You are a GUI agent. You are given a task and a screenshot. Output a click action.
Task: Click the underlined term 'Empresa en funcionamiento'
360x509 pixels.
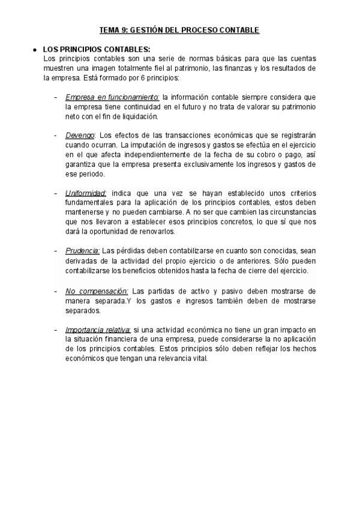(x=112, y=97)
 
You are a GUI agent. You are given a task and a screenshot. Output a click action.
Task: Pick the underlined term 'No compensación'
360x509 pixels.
(x=97, y=291)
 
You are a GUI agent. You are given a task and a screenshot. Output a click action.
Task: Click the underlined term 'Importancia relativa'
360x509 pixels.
(x=98, y=330)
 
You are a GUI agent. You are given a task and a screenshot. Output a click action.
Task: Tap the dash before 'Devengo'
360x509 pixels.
(x=56, y=135)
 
